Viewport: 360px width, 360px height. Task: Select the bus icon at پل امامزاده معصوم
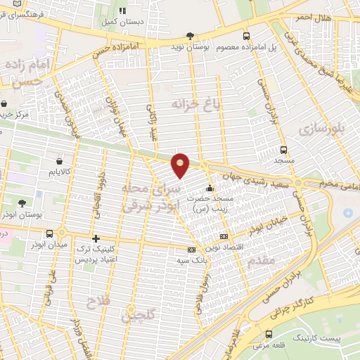[x=245, y=35]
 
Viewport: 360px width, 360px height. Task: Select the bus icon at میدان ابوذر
[x=50, y=233]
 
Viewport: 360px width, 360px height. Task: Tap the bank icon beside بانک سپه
[x=191, y=250]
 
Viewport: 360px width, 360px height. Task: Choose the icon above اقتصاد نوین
[x=224, y=237]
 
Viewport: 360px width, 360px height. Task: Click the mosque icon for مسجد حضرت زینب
[x=209, y=188]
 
